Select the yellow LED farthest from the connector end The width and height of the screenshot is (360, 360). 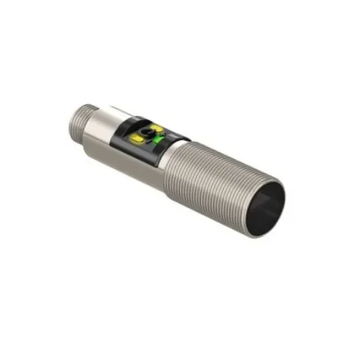(x=157, y=129)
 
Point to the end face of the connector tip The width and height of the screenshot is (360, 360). (x=76, y=116)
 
